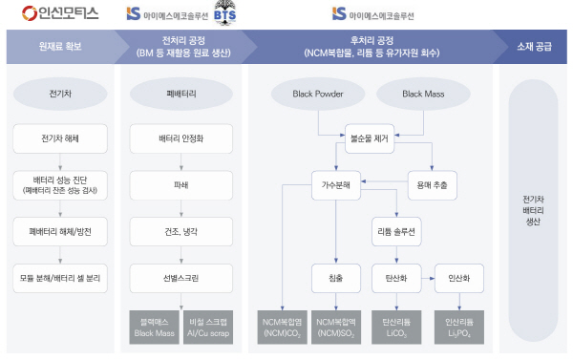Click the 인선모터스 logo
(60, 13)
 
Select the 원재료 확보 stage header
(59, 46)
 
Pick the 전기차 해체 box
(61, 138)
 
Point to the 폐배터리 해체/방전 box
(61, 231)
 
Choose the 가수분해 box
(335, 184)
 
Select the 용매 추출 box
(432, 184)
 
